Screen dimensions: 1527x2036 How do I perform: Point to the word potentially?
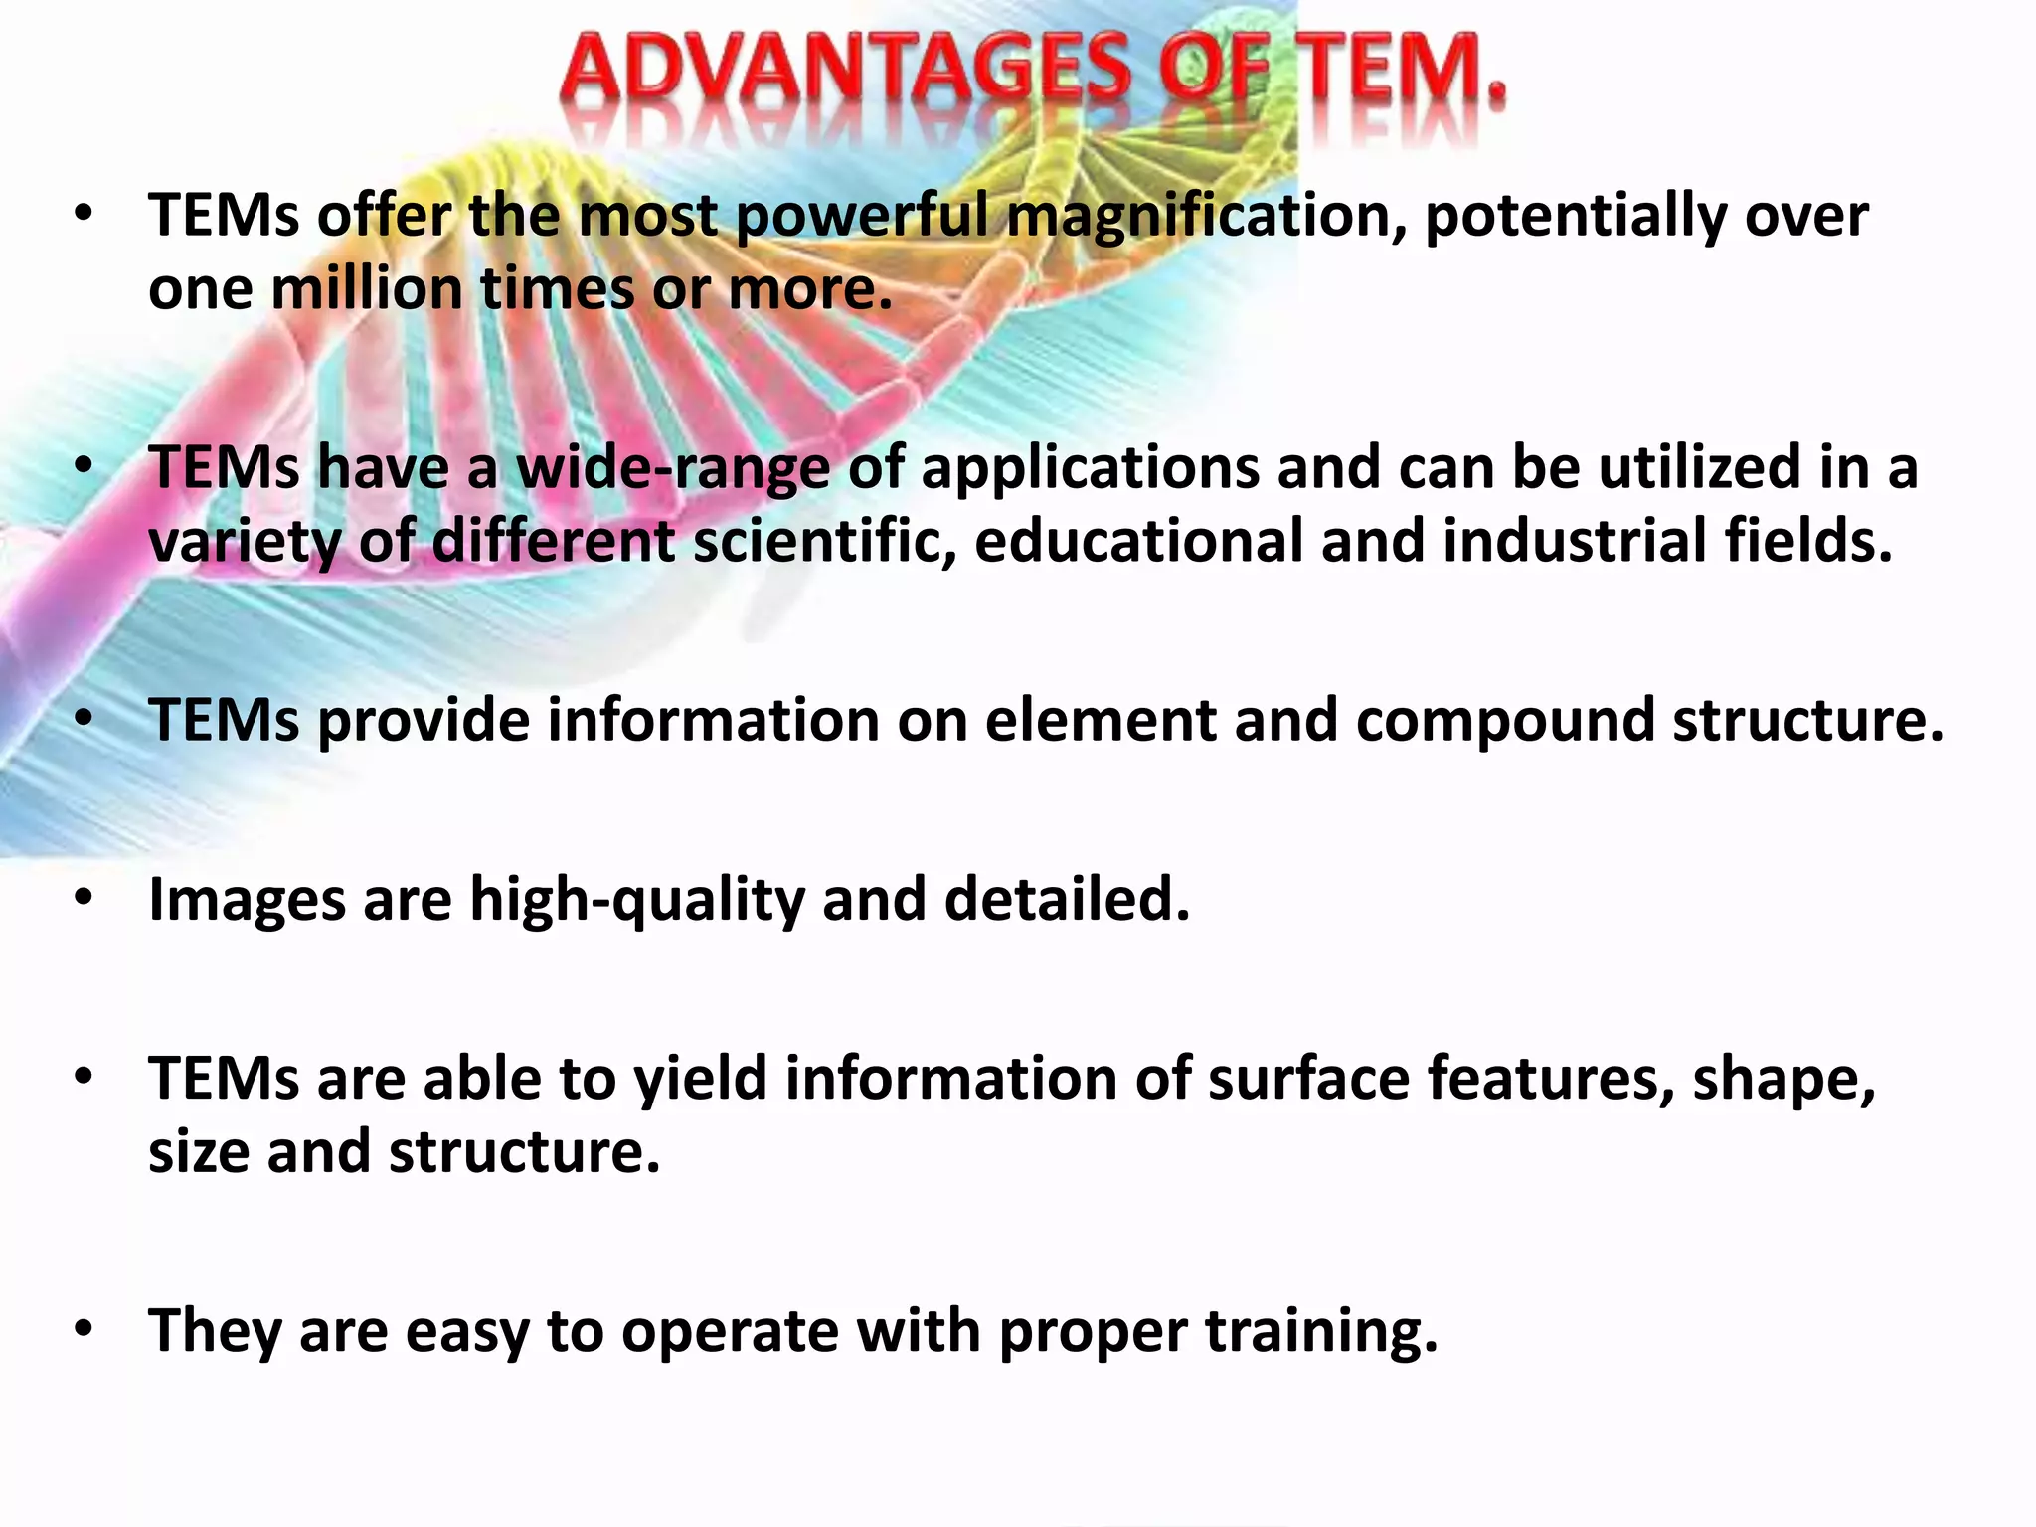click(1576, 217)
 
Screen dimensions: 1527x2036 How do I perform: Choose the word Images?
click(247, 900)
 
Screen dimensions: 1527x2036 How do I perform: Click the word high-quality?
click(637, 900)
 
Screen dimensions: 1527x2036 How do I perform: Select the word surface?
click(1308, 1079)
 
